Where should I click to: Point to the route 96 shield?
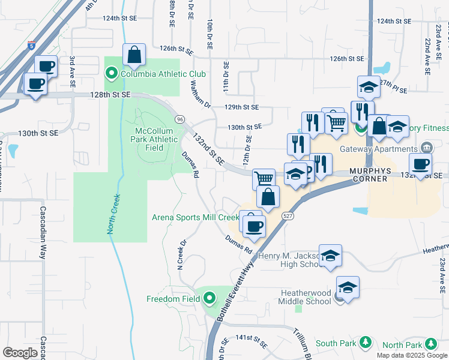179,119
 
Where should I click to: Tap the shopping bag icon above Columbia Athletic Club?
134,55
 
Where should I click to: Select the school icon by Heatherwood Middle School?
348,287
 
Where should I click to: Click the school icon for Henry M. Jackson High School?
330,256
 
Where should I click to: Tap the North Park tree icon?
430,344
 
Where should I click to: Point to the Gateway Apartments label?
378,149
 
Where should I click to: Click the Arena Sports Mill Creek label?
194,217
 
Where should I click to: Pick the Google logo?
20,353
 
